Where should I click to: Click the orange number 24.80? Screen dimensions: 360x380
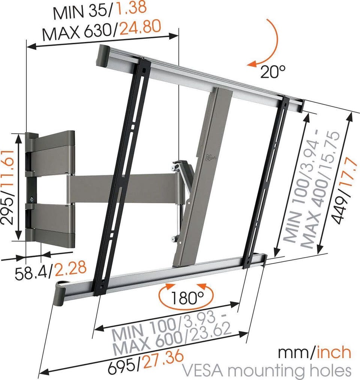point(140,27)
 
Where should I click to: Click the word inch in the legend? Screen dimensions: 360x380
point(334,353)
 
